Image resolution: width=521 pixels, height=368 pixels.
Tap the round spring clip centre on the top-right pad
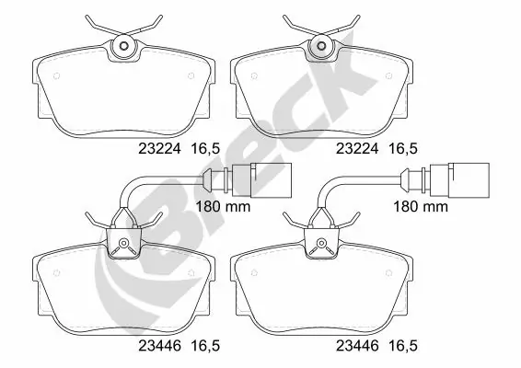(321, 46)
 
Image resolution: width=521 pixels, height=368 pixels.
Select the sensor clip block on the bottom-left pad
(122, 244)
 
